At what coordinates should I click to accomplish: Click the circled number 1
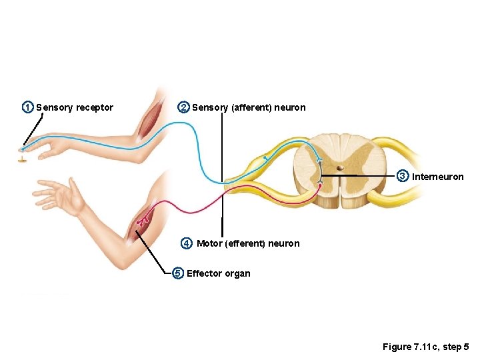click(27, 107)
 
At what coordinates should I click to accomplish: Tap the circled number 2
click(183, 107)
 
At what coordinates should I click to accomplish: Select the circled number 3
click(403, 177)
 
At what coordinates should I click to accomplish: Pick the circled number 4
click(187, 243)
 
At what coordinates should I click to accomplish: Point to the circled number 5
click(177, 273)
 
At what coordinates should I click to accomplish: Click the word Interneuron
click(438, 177)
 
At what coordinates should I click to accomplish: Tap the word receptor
click(95, 107)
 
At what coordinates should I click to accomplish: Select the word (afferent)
click(251, 107)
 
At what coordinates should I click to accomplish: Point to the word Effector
click(204, 273)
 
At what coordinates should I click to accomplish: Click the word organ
click(238, 273)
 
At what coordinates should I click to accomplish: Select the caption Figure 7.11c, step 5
click(425, 347)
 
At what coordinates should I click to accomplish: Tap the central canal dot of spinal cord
click(339, 168)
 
